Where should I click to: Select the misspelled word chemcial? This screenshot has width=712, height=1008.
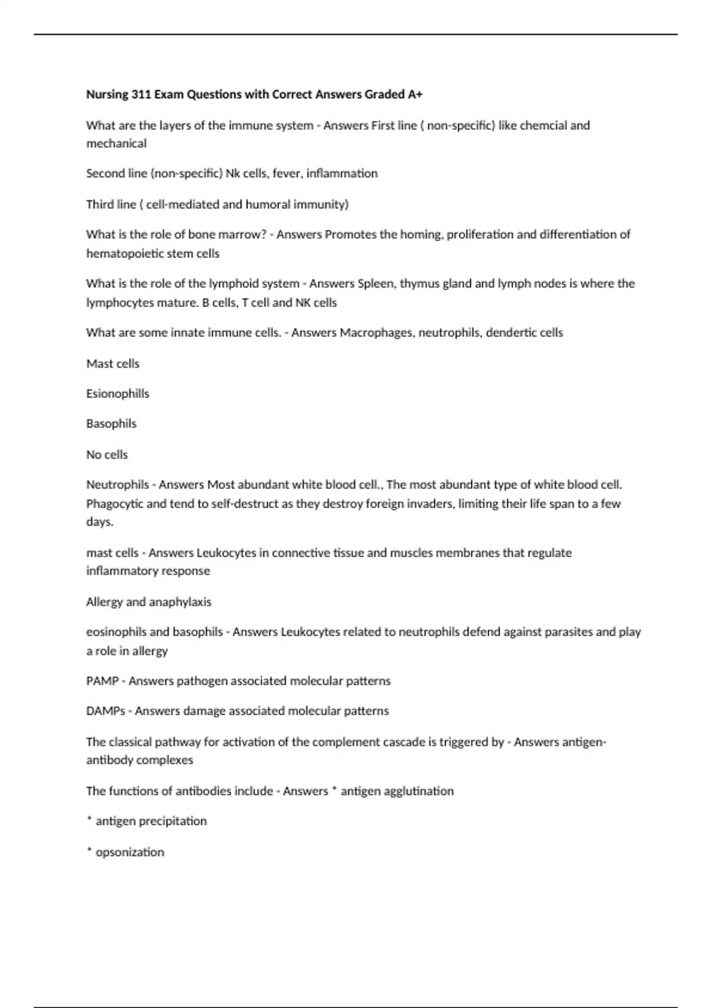pos(542,126)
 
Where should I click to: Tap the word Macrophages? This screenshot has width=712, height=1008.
pos(377,333)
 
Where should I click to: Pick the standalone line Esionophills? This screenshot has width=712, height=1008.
pos(117,394)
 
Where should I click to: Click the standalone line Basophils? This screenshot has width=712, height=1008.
pos(111,424)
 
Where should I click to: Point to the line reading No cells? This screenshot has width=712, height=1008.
pos(107,455)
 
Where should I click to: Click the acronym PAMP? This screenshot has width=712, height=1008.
pos(102,681)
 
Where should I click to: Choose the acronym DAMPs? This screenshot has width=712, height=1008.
pos(105,711)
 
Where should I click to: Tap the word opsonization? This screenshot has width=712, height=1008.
pos(130,852)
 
